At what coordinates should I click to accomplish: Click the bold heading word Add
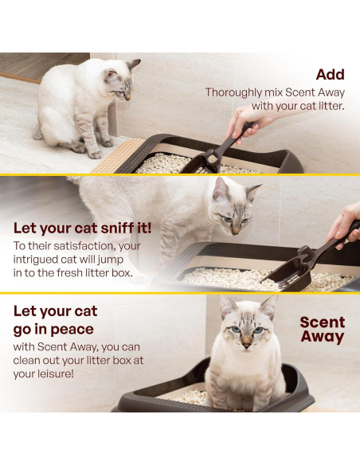coord(330,75)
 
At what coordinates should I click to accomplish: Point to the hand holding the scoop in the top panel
coord(241,122)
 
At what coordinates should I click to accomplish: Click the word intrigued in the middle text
coord(44,260)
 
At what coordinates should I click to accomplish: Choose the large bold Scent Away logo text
coord(322,329)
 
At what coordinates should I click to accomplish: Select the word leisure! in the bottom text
coord(61,374)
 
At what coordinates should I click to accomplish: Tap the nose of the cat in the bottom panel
coord(246,340)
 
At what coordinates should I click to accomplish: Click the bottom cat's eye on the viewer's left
coord(236,329)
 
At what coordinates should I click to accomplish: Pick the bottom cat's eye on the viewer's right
coord(257,329)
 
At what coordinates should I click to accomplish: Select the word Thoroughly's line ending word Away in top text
coord(329,92)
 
